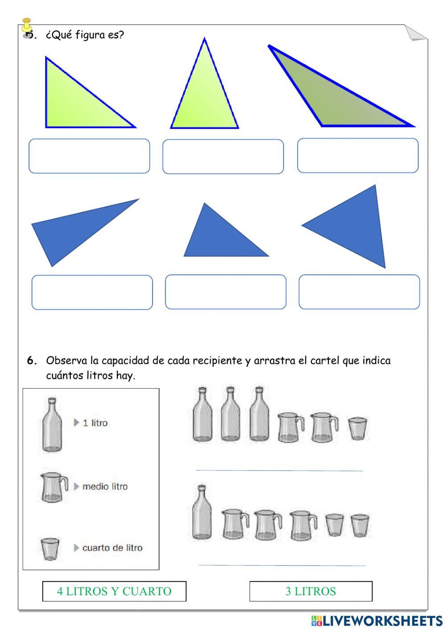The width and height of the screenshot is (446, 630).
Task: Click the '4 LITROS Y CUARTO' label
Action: pos(114,591)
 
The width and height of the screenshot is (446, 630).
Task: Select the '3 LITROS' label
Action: pos(310,591)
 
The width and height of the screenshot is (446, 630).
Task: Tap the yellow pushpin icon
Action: pos(27,26)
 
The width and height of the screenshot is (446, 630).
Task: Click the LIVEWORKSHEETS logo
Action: pos(377,620)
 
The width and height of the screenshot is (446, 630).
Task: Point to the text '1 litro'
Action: pos(95,423)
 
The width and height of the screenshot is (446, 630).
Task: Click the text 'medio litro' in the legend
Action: pos(105,486)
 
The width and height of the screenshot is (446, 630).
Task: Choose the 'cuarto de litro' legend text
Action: pos(112,548)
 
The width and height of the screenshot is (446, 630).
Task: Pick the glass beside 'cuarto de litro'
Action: pos(50,548)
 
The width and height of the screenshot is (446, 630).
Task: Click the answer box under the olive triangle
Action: pos(358,156)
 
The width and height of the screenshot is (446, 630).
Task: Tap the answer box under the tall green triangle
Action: pos(223,156)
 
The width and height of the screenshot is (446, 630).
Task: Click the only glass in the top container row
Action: pos(357,428)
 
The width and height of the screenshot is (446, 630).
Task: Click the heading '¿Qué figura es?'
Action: pos(85,35)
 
